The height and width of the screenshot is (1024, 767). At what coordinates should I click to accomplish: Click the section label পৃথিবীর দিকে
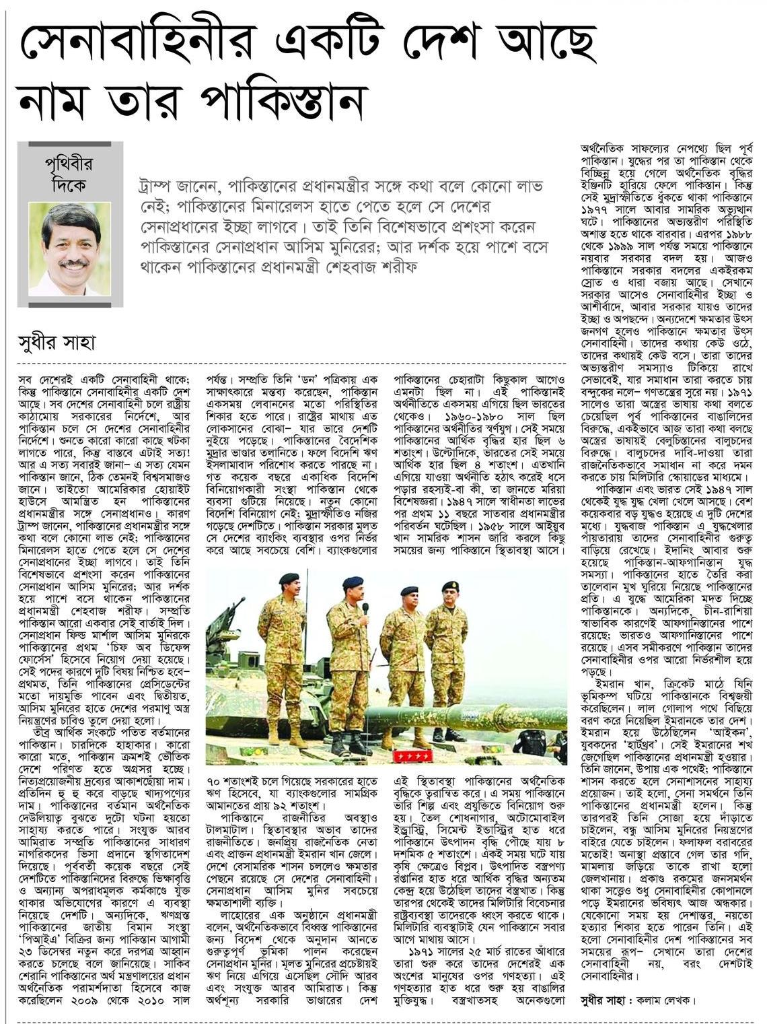click(x=71, y=172)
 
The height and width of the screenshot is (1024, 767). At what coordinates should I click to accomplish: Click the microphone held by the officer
click(x=365, y=609)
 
